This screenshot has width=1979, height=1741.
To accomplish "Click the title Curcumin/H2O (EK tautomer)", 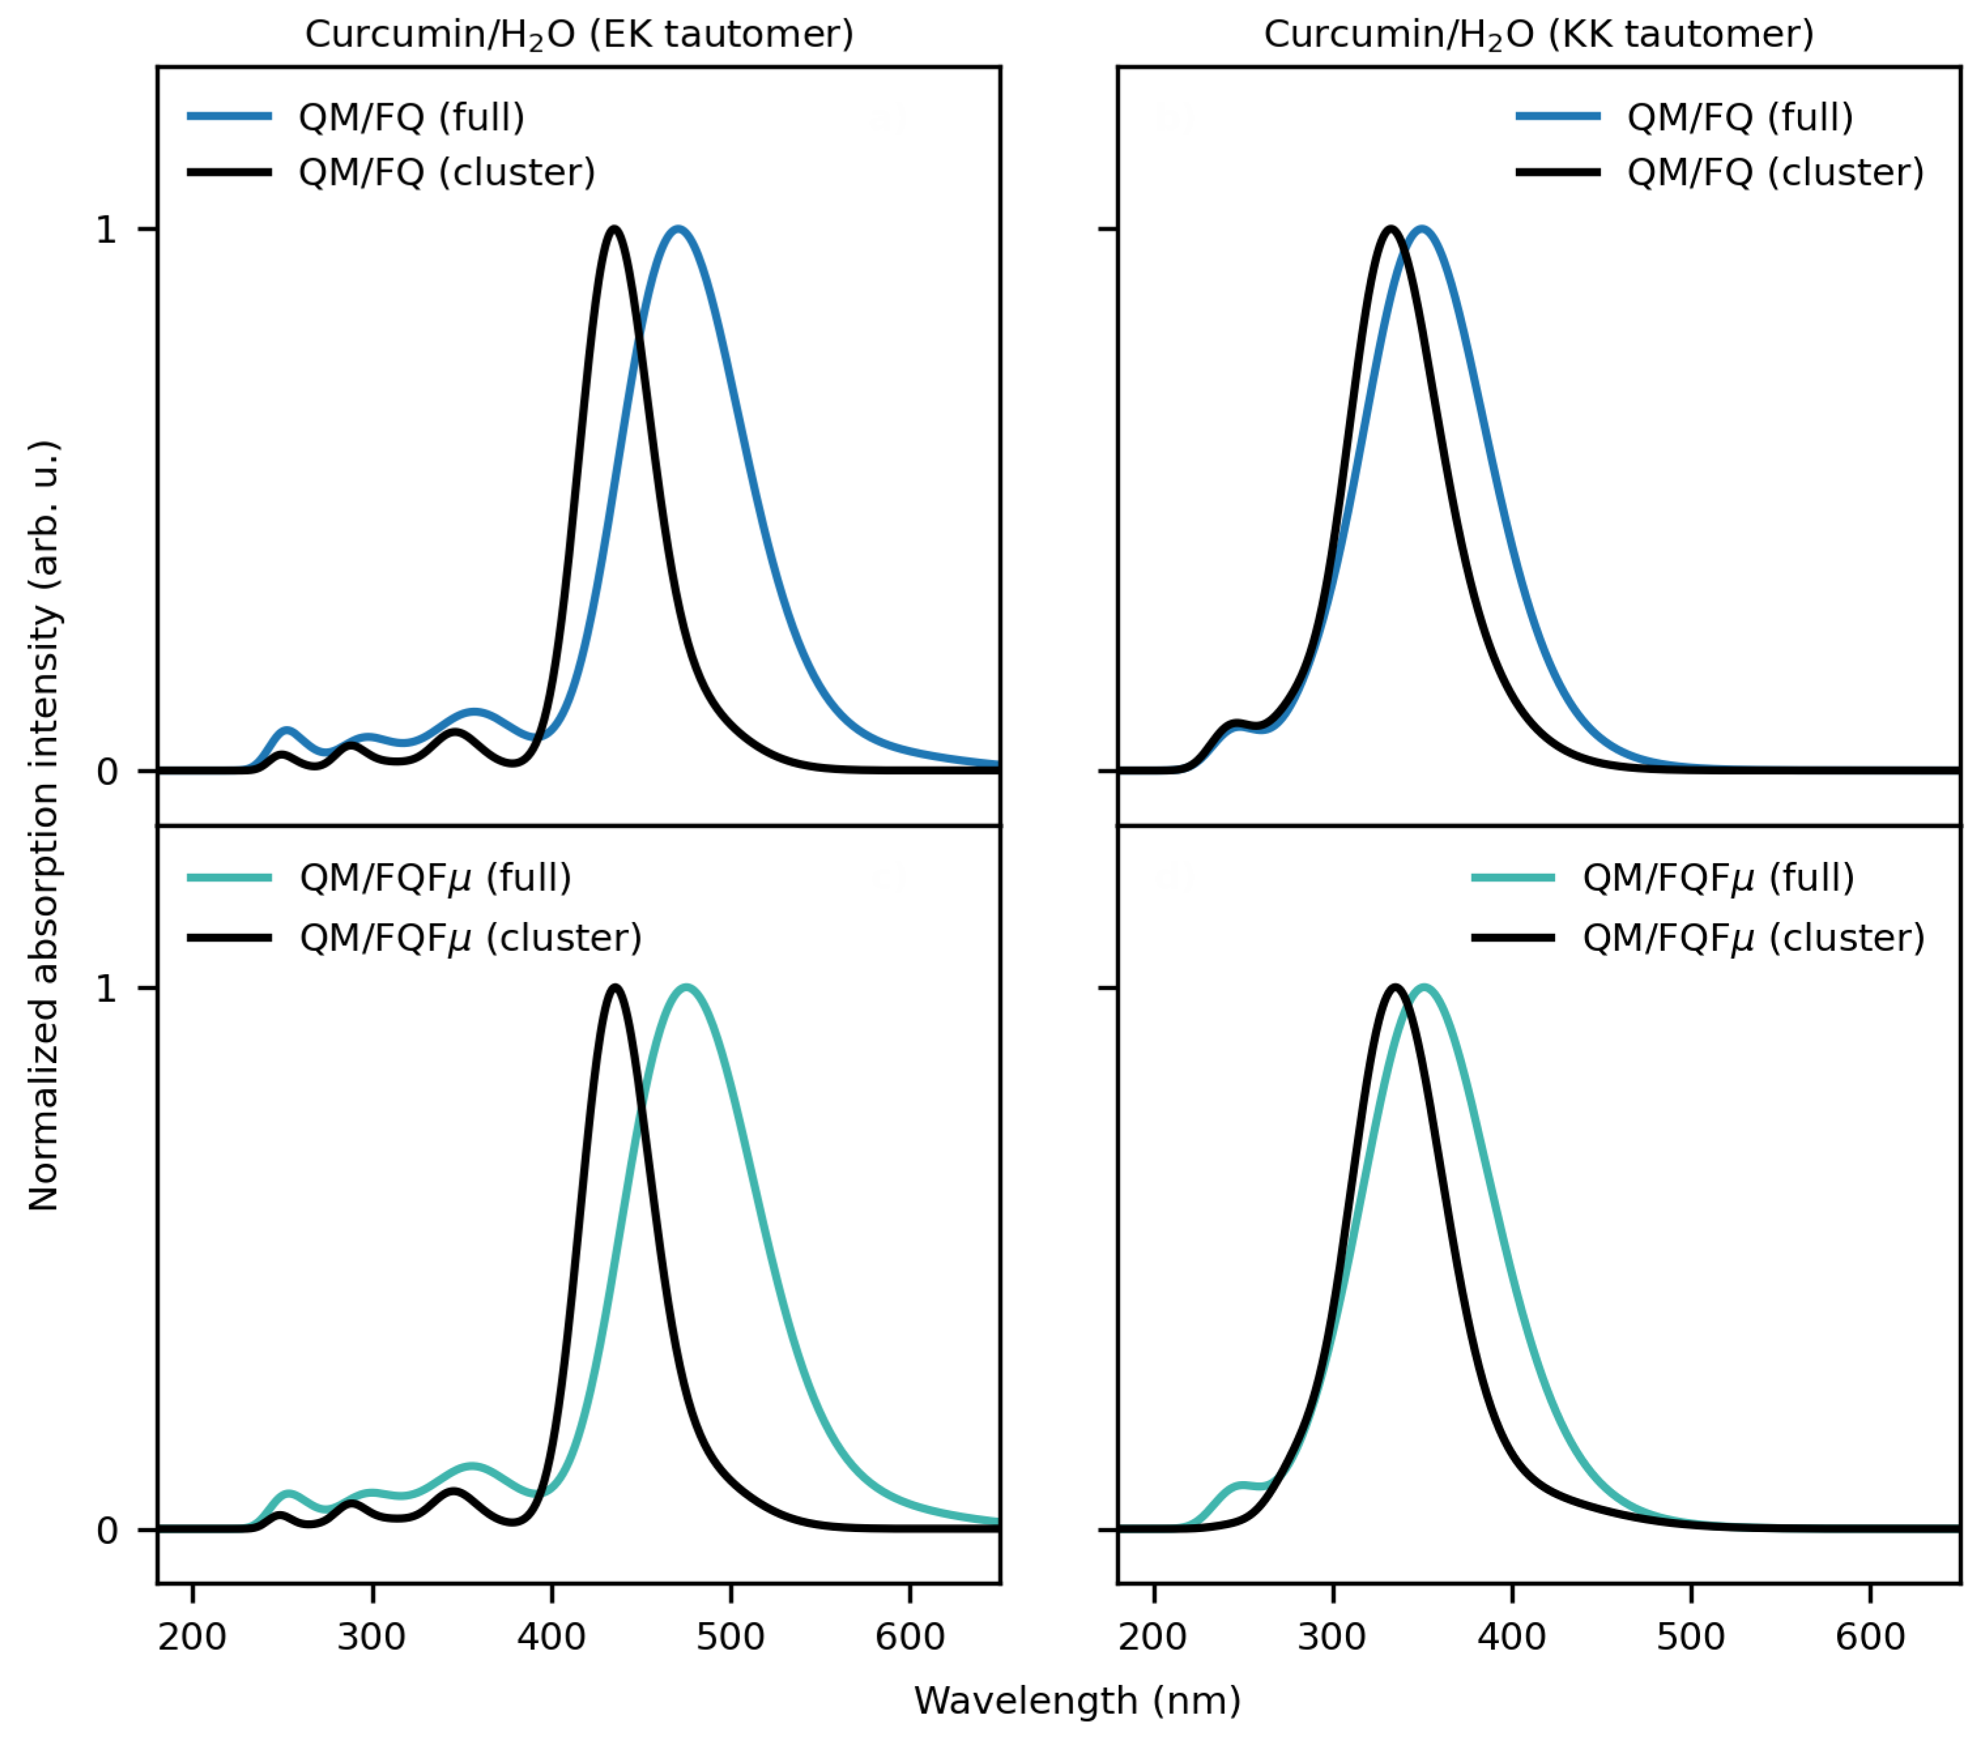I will click(579, 35).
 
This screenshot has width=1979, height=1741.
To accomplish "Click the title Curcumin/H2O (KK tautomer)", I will click(1539, 35).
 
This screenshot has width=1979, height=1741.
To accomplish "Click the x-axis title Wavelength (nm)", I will click(1076, 1699).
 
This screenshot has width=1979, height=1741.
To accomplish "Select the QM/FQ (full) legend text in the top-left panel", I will click(411, 117).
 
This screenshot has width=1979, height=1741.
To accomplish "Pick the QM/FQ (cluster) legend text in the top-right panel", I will click(1775, 172).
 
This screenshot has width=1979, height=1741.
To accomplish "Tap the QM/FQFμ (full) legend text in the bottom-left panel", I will click(435, 877).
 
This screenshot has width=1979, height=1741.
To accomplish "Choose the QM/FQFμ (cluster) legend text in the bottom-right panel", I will click(1752, 937).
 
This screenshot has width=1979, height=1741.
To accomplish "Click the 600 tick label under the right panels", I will click(1869, 1637).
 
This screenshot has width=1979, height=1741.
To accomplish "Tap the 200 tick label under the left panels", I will click(193, 1637).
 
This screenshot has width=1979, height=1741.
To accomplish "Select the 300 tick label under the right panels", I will click(1332, 1637).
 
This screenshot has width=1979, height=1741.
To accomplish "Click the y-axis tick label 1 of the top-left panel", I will click(106, 229).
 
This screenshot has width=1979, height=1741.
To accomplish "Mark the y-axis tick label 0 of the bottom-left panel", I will click(106, 1530).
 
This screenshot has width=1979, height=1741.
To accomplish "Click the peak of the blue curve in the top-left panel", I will click(678, 229).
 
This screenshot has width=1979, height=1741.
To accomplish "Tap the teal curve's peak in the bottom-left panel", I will click(686, 987).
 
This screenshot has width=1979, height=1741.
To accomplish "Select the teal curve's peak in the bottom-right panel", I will click(1423, 987).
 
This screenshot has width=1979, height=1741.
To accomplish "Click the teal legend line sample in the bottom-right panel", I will click(1512, 877).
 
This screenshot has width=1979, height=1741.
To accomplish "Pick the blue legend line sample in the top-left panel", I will click(229, 117).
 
